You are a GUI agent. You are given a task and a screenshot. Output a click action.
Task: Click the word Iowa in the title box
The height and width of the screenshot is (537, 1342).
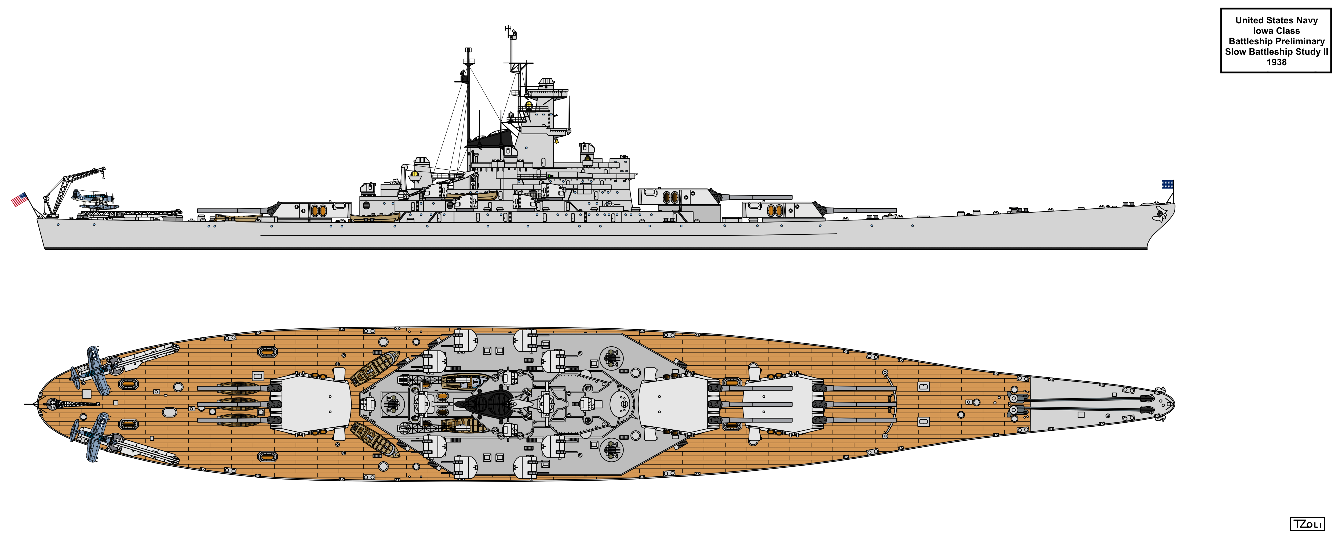tap(1263, 31)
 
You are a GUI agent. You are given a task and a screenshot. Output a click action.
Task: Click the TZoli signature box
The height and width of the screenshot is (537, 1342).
tap(1307, 524)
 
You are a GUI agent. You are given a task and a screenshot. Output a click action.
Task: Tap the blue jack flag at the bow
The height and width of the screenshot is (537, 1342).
tap(1168, 184)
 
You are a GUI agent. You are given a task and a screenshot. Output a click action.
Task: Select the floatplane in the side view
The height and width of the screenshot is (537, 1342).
tap(94, 200)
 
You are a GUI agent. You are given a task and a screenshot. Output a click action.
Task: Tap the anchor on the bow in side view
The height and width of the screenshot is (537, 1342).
tap(1160, 214)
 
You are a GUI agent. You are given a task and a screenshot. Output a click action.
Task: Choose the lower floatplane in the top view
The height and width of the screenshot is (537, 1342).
tap(94, 437)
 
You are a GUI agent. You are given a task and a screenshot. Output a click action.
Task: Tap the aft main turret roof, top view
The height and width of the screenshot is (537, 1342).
tap(315, 404)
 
